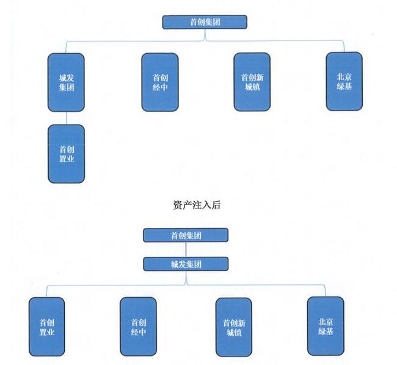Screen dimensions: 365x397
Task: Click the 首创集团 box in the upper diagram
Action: click(x=204, y=22)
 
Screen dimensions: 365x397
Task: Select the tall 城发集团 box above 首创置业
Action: click(x=66, y=83)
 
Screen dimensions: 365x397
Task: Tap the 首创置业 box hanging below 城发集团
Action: click(x=66, y=153)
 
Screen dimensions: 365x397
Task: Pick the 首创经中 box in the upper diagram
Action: click(x=159, y=83)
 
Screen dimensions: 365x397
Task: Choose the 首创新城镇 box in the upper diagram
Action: click(x=252, y=82)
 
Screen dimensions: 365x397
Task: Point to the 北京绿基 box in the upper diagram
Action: click(x=344, y=81)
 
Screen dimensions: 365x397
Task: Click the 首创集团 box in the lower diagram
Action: click(x=186, y=235)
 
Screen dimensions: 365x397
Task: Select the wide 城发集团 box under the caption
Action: click(x=186, y=264)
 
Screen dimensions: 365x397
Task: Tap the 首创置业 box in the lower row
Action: click(x=46, y=327)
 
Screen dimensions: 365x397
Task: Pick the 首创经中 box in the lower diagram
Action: click(x=138, y=327)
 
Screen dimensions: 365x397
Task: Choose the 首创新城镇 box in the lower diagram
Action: click(x=233, y=327)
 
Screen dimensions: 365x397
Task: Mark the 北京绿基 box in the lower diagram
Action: click(x=325, y=326)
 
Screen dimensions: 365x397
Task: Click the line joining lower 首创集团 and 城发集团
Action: click(x=186, y=249)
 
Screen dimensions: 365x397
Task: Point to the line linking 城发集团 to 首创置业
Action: click(x=66, y=119)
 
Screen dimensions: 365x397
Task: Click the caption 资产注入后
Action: click(x=197, y=205)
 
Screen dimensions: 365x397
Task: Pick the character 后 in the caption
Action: click(x=216, y=205)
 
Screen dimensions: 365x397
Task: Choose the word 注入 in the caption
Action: click(x=202, y=205)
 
